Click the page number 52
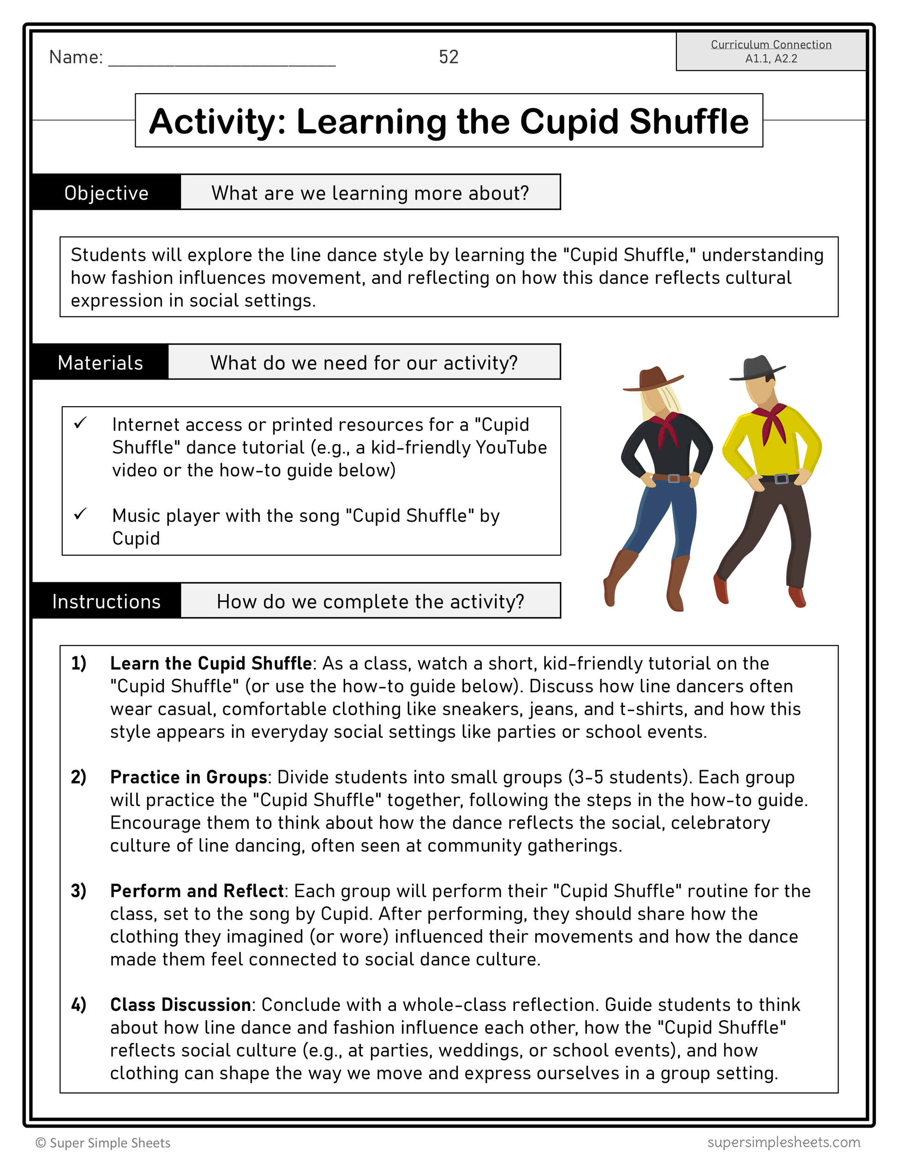448,57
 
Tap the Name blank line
222,59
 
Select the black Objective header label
106,193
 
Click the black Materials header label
100,362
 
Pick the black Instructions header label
106,601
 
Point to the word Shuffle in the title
688,121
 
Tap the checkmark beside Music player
81,514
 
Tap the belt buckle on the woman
674,478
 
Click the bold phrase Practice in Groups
188,777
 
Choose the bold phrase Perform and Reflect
197,891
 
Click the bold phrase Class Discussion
180,1004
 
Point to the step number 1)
78,663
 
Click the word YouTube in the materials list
511,447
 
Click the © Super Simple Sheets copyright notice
103,1143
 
